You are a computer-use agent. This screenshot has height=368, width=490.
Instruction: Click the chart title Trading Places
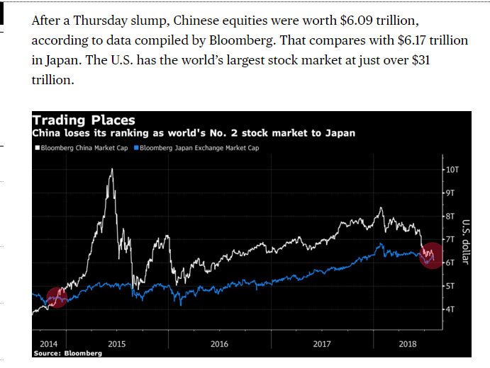(x=84, y=120)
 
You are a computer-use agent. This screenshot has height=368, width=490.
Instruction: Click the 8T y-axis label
(x=450, y=216)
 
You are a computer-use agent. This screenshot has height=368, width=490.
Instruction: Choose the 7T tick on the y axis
(x=450, y=239)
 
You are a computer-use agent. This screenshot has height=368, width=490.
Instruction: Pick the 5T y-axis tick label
(x=450, y=286)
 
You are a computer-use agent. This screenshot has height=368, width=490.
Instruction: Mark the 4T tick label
(x=450, y=309)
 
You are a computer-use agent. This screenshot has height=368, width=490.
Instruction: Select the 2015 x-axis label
(x=116, y=343)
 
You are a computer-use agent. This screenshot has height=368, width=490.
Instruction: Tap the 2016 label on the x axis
(x=220, y=343)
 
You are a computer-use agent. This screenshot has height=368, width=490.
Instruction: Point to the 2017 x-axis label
(x=323, y=343)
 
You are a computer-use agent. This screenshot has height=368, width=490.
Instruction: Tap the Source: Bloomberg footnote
(x=67, y=352)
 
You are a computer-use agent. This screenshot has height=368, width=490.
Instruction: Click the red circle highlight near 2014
(x=57, y=298)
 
